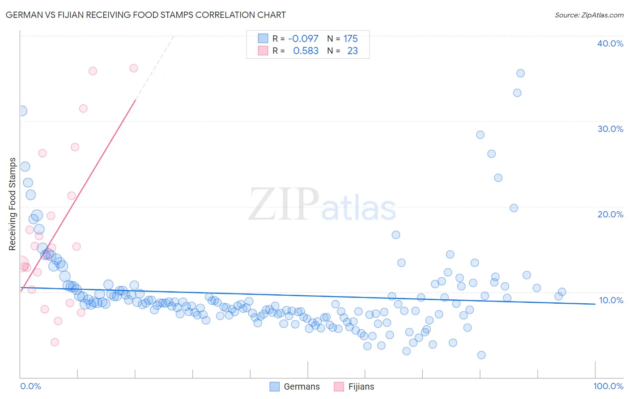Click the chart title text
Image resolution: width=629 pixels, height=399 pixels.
[x=145, y=15]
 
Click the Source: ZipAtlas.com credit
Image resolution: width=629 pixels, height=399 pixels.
[x=589, y=15]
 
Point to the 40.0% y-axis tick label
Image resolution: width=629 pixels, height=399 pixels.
[x=610, y=43]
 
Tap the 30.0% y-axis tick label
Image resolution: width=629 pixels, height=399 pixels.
[x=610, y=129]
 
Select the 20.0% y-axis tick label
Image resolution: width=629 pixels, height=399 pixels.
[x=610, y=214]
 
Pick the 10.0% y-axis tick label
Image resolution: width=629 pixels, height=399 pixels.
[x=611, y=300]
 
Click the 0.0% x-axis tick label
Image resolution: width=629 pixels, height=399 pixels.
[x=30, y=386]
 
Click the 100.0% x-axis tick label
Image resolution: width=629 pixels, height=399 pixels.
[x=608, y=386]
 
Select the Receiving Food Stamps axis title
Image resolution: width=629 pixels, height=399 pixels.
[x=13, y=204]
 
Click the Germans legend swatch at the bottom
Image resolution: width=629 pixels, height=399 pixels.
[x=275, y=386]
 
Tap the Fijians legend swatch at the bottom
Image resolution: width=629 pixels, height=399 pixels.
[x=339, y=386]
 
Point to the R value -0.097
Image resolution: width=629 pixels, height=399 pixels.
[x=303, y=39]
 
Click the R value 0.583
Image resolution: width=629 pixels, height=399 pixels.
[x=306, y=51]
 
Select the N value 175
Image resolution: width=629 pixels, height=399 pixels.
[x=351, y=39]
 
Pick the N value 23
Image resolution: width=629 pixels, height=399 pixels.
[x=353, y=51]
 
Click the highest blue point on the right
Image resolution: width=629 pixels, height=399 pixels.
[x=520, y=73]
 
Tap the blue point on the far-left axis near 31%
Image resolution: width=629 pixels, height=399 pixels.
[x=21, y=111]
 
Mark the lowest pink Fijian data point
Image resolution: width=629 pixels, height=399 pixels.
[x=55, y=342]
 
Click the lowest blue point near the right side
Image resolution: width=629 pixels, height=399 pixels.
[x=481, y=355]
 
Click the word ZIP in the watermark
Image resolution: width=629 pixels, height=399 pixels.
[x=284, y=204]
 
